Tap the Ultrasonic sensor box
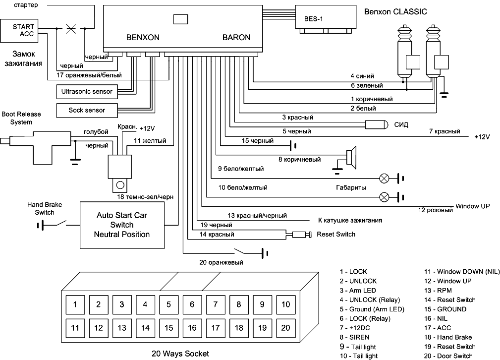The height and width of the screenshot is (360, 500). tap(87, 91)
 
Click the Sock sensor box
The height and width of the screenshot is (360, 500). tap(87, 110)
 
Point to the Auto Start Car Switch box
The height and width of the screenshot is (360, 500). tap(122, 225)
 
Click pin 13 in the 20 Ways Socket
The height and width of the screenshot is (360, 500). tap(122, 327)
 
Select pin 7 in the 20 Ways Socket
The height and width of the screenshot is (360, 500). tap(215, 304)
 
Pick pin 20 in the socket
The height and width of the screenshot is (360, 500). tap(285, 327)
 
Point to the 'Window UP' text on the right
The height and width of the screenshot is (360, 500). tap(472, 206)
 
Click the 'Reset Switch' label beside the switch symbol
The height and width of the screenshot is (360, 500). tap(336, 234)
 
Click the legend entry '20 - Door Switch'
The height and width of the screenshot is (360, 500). tap(448, 356)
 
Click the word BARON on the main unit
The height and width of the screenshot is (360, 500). tap(236, 37)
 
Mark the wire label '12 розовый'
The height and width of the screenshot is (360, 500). tap(436, 210)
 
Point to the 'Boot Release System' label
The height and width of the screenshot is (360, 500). tap(21, 118)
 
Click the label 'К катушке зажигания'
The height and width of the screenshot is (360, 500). tap(350, 220)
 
